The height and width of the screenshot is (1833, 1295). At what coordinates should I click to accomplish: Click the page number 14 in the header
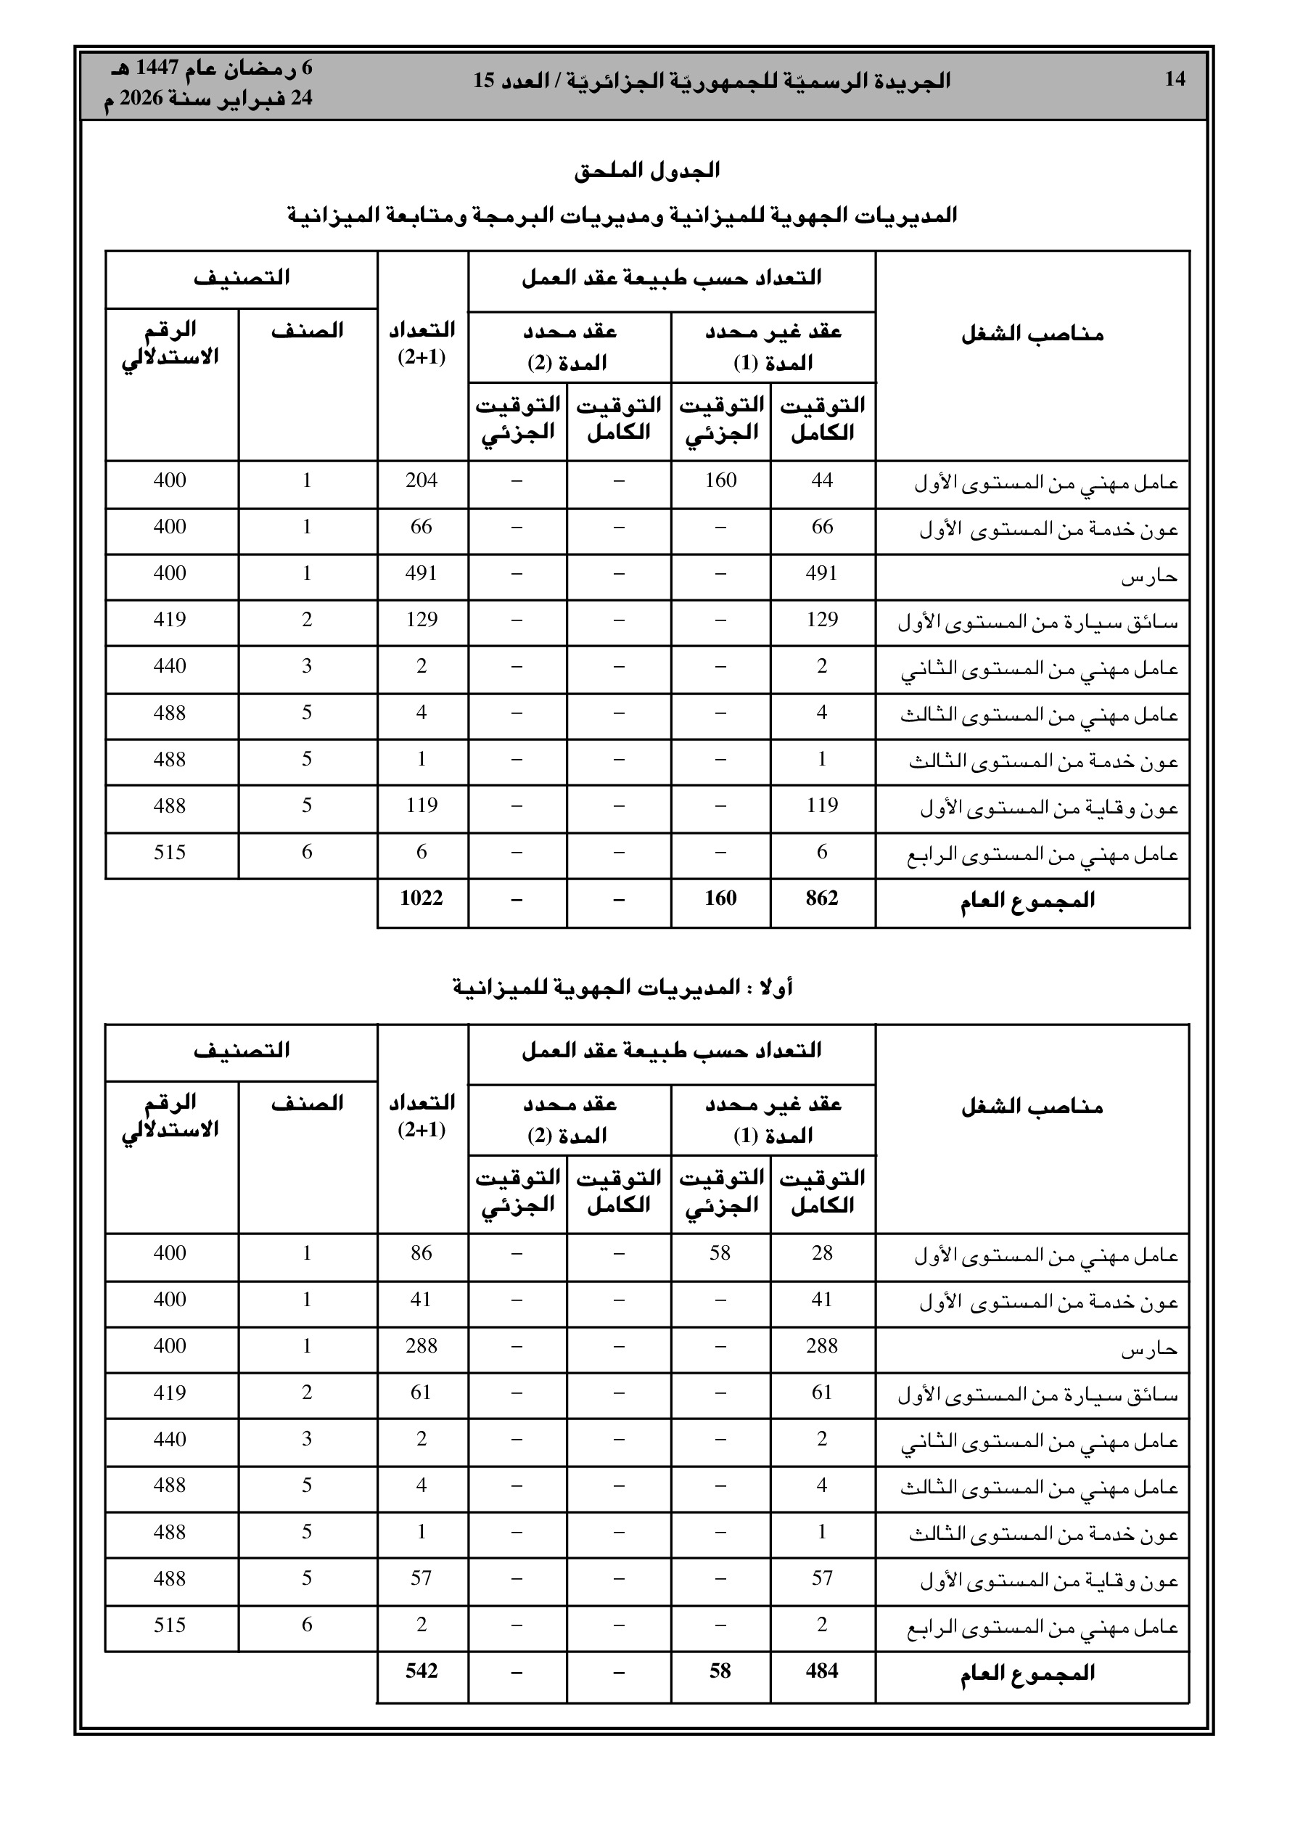click(x=1175, y=79)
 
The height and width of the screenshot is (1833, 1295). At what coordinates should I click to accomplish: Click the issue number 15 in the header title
click(x=484, y=81)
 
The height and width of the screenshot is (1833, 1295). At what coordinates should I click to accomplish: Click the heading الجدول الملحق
click(x=646, y=170)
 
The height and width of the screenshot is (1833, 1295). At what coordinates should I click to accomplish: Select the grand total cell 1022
click(x=422, y=898)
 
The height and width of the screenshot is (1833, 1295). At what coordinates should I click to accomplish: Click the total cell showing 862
click(x=821, y=898)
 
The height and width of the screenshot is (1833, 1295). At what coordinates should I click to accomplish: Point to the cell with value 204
click(x=422, y=480)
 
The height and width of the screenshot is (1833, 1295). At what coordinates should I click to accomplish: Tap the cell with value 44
click(x=821, y=480)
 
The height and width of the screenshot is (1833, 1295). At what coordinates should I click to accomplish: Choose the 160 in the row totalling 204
click(x=720, y=480)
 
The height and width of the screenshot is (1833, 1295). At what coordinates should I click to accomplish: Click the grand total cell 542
click(x=422, y=1671)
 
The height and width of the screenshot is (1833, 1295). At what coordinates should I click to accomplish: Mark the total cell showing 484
click(x=821, y=1671)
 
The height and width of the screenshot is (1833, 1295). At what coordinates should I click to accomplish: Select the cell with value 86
click(x=422, y=1252)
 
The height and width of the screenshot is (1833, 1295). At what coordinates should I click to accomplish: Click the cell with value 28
click(x=821, y=1252)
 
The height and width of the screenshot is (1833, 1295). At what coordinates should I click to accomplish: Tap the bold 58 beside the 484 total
click(x=720, y=1671)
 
